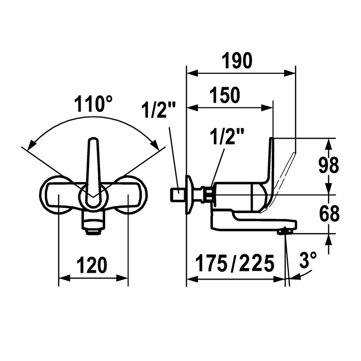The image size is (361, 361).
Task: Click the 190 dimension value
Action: click(x=237, y=61)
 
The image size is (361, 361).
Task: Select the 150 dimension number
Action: click(x=225, y=95)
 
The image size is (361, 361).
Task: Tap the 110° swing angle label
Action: click(x=93, y=104)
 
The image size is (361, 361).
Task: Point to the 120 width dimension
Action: click(x=92, y=265)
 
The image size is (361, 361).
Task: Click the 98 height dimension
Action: click(x=329, y=165)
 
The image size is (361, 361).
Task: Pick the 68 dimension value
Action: click(x=329, y=214)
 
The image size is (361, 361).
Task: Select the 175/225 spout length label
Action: click(x=235, y=263)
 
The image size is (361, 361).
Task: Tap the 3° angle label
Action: click(x=308, y=260)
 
